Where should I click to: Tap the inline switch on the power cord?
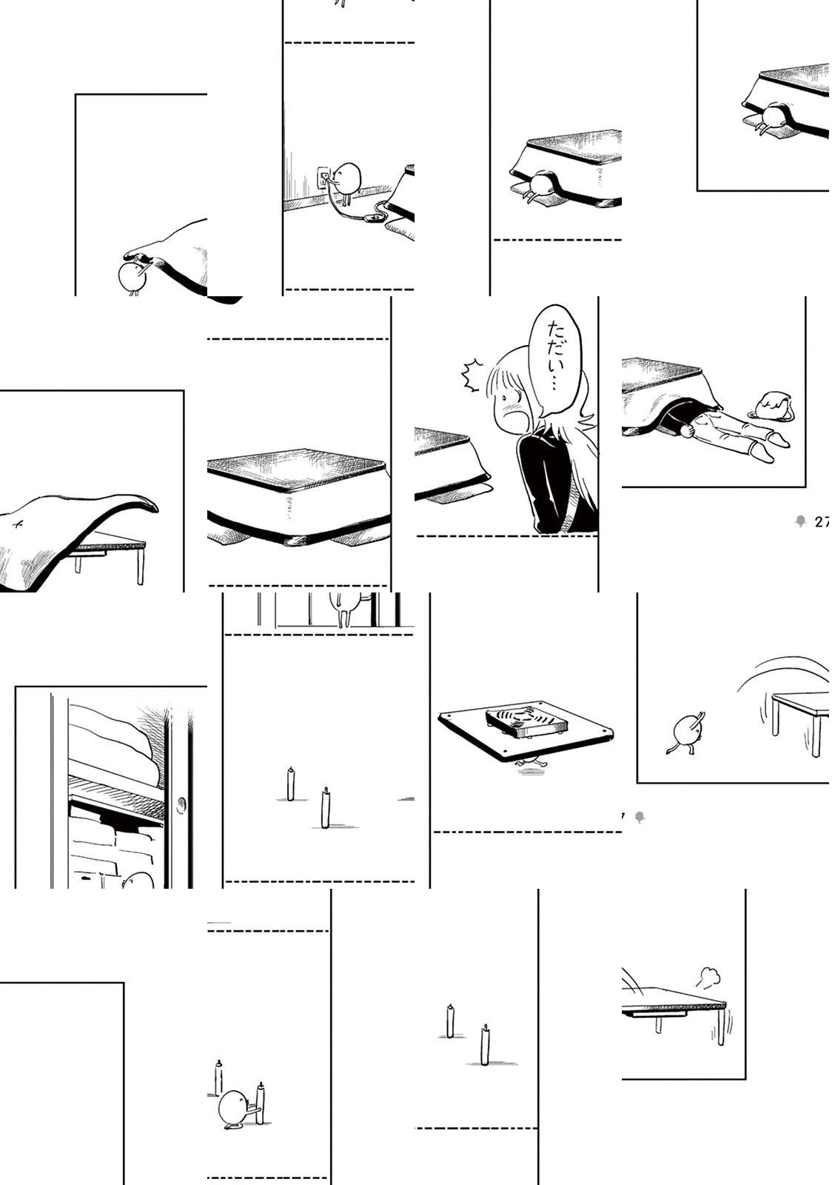point(375,217)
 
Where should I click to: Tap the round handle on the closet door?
point(182,804)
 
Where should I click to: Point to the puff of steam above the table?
point(708,975)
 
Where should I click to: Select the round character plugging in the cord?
point(346,181)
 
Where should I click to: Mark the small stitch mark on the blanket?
point(19,524)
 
